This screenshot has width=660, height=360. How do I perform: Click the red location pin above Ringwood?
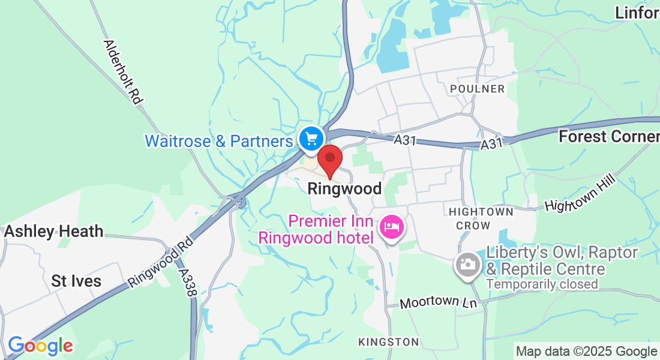coord(329,160)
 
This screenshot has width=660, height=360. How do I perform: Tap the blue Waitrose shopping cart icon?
coord(311,139)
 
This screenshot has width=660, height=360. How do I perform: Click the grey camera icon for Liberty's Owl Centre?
coord(467,264)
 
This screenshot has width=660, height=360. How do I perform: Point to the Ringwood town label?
coord(344,189)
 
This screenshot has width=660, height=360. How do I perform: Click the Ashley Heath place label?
coord(54,231)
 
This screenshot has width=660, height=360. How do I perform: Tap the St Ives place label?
coord(76,281)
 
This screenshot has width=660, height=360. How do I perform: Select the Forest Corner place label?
coord(608,137)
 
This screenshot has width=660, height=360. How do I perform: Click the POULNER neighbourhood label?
coord(478,89)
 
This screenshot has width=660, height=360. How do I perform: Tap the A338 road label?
coord(188,282)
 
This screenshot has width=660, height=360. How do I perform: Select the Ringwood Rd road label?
coord(160,262)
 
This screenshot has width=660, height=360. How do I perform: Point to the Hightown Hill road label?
coord(580,196)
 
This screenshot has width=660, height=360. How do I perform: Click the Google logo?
coord(40,346)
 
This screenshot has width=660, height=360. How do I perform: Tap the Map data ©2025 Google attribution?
coord(586,352)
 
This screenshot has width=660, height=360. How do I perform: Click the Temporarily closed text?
coord(542,284)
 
